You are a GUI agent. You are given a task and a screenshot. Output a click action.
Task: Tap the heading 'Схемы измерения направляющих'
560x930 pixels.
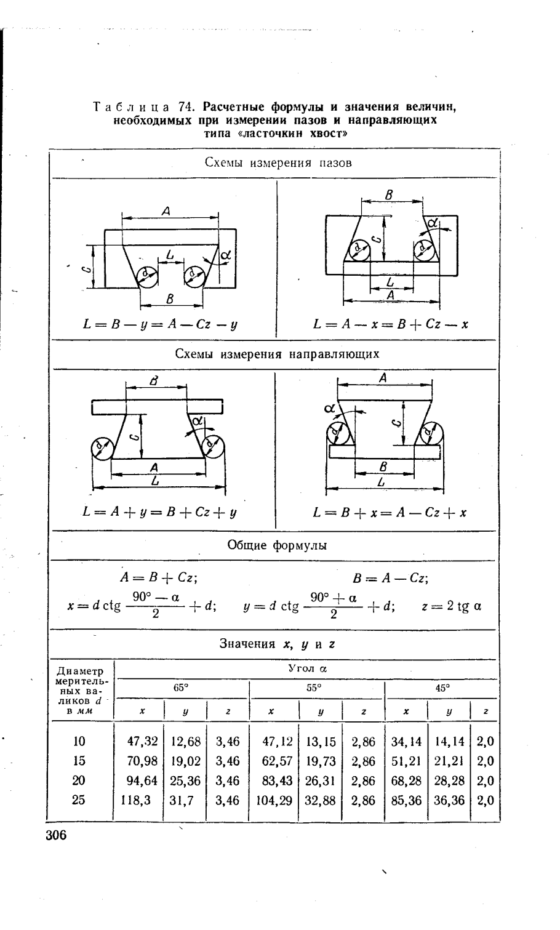click(x=278, y=354)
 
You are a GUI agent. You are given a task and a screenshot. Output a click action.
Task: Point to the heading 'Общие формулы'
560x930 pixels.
click(x=278, y=545)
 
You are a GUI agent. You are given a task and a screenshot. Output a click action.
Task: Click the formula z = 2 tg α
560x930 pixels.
click(x=451, y=606)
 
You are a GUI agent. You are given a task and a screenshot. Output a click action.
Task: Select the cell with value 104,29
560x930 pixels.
click(x=276, y=800)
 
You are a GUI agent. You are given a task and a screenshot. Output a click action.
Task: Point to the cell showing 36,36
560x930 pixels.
click(x=449, y=800)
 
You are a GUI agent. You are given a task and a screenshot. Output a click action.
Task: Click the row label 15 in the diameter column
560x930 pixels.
click(x=79, y=761)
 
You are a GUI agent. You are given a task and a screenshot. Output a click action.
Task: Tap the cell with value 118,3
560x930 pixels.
click(x=135, y=800)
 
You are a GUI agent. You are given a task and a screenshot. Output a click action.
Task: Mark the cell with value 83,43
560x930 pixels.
click(x=276, y=780)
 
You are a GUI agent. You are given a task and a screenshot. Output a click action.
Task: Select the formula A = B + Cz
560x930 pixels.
click(x=158, y=579)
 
